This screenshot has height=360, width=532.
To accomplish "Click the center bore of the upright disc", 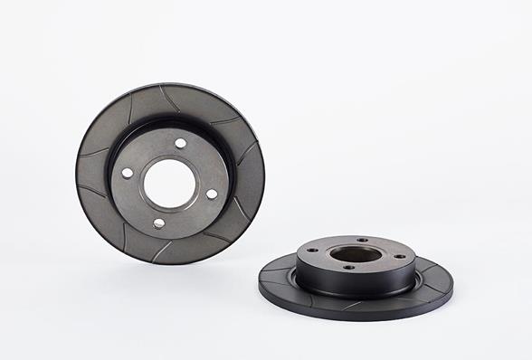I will [170, 183].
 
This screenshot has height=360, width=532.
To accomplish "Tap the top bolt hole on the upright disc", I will [180, 143].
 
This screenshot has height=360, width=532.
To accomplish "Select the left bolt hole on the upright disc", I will [128, 172].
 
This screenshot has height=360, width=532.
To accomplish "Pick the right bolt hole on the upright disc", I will [212, 194].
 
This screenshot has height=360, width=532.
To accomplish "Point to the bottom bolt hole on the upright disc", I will [159, 223].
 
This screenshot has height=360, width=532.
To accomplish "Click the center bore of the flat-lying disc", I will [356, 254].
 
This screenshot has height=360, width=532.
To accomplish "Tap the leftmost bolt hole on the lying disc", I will [314, 251].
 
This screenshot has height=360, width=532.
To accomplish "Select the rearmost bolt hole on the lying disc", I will [361, 240].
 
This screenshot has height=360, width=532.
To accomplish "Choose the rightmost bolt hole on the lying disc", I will [399, 256].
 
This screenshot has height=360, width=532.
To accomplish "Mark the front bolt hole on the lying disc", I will [349, 267].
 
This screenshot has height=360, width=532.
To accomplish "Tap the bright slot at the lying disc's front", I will [353, 303].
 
